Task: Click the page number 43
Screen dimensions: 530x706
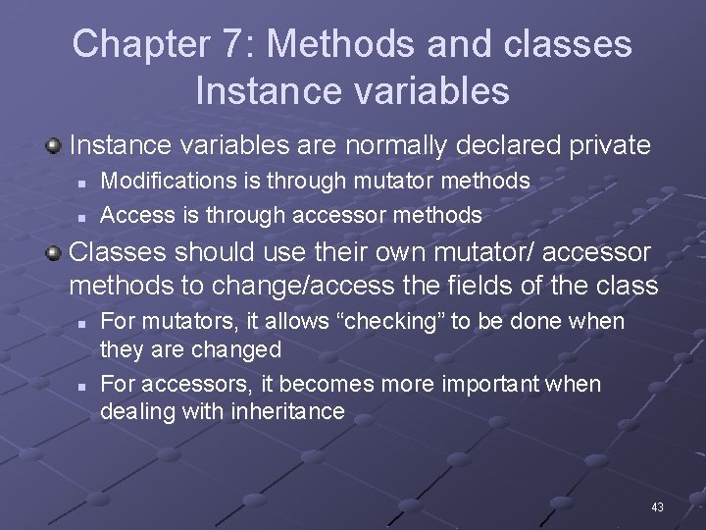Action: (x=657, y=507)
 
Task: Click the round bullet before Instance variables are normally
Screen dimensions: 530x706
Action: (x=55, y=147)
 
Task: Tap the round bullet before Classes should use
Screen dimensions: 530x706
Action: (x=55, y=253)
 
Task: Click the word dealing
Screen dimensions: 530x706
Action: (x=134, y=411)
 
